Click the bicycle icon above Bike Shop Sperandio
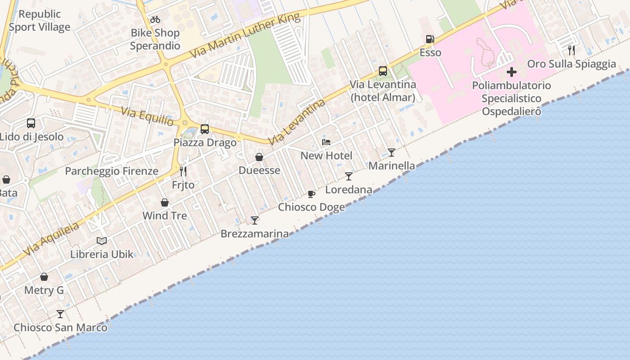coord(155,19)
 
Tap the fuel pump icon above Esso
coord(430,39)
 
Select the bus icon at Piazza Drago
coord(205,129)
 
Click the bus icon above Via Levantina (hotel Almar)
coord(383,71)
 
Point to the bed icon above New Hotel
coord(326,142)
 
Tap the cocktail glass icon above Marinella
coord(391,152)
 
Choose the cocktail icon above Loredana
coord(349,176)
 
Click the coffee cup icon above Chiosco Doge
coord(311,194)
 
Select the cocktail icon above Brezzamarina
coord(255,220)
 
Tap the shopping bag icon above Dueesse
coord(259,157)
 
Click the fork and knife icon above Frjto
coord(183,171)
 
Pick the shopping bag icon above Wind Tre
coord(165,202)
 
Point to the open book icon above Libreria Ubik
coord(102,241)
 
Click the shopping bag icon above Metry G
coord(44,277)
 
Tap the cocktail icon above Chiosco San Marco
coord(60,314)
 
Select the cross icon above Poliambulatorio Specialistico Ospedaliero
coord(512,72)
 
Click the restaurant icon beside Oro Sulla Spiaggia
coord(571,50)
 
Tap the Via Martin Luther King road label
coord(245,36)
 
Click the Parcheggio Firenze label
coord(112,171)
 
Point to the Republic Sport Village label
coord(40,21)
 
